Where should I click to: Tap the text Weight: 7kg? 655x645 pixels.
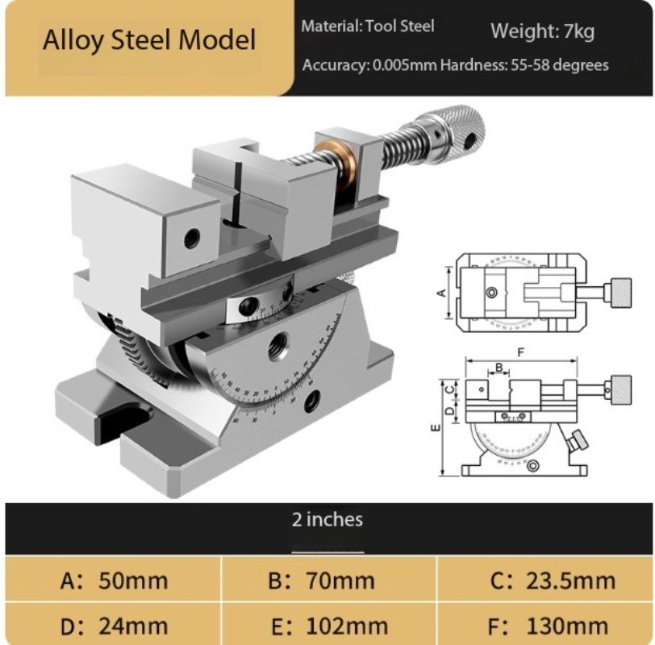coord(542,32)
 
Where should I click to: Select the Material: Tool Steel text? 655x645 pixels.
coord(368,26)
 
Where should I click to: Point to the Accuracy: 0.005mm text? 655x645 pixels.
coord(369,65)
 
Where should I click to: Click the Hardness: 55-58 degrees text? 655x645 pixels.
coord(524,65)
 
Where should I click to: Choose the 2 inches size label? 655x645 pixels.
coord(327,519)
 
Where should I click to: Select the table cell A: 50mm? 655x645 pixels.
coord(114,580)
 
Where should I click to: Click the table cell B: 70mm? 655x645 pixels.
coord(327,580)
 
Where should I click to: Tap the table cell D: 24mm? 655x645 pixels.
coord(114,625)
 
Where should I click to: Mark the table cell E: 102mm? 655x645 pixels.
coord(327,625)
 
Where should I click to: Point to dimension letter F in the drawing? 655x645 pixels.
coord(521,352)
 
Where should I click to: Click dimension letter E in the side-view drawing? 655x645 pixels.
coord(436,428)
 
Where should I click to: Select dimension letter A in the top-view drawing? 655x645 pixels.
coord(441,292)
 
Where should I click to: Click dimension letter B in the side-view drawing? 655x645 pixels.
coord(499,368)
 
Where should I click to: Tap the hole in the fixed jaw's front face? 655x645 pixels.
coord(192,239)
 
